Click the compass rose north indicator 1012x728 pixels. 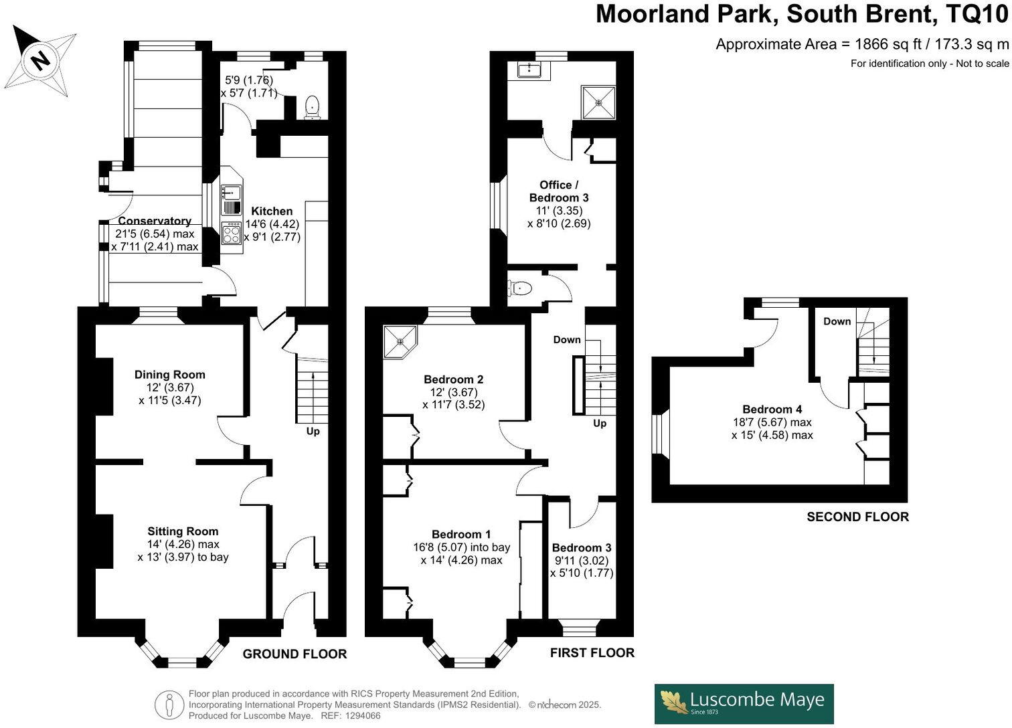click(x=41, y=61)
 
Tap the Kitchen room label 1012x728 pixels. click(x=272, y=211)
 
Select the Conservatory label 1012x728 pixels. click(x=155, y=221)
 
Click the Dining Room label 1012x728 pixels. click(x=169, y=375)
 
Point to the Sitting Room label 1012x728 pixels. click(x=183, y=531)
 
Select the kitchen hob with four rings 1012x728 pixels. click(x=232, y=234)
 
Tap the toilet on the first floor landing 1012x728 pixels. click(x=520, y=288)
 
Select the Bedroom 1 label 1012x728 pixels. click(x=461, y=534)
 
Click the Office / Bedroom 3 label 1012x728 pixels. click(x=559, y=191)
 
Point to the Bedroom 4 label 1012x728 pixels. click(x=772, y=409)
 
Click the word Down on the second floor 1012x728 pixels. click(x=837, y=321)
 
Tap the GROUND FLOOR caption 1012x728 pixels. click(x=294, y=654)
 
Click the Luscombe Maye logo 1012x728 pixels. click(x=744, y=703)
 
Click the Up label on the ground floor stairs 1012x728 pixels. click(x=313, y=432)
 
